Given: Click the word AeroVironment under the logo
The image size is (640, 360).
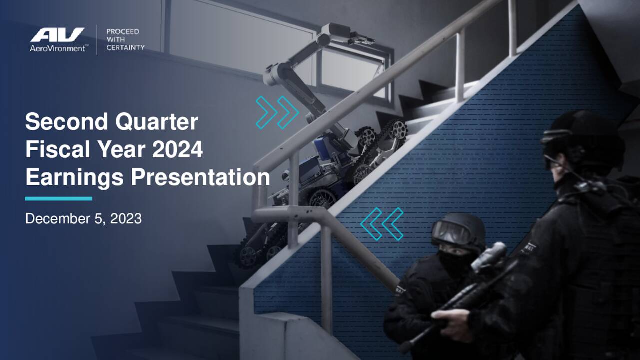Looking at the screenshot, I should [x=57, y=48].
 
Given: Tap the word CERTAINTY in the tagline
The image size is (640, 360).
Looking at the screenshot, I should [x=125, y=48].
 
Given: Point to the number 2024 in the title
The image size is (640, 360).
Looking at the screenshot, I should [x=177, y=150].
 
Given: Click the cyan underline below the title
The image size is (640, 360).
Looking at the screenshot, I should [x=58, y=198].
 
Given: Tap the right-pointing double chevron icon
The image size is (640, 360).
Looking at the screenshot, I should [x=277, y=112].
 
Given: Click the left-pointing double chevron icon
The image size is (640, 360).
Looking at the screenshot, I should [x=382, y=223].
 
